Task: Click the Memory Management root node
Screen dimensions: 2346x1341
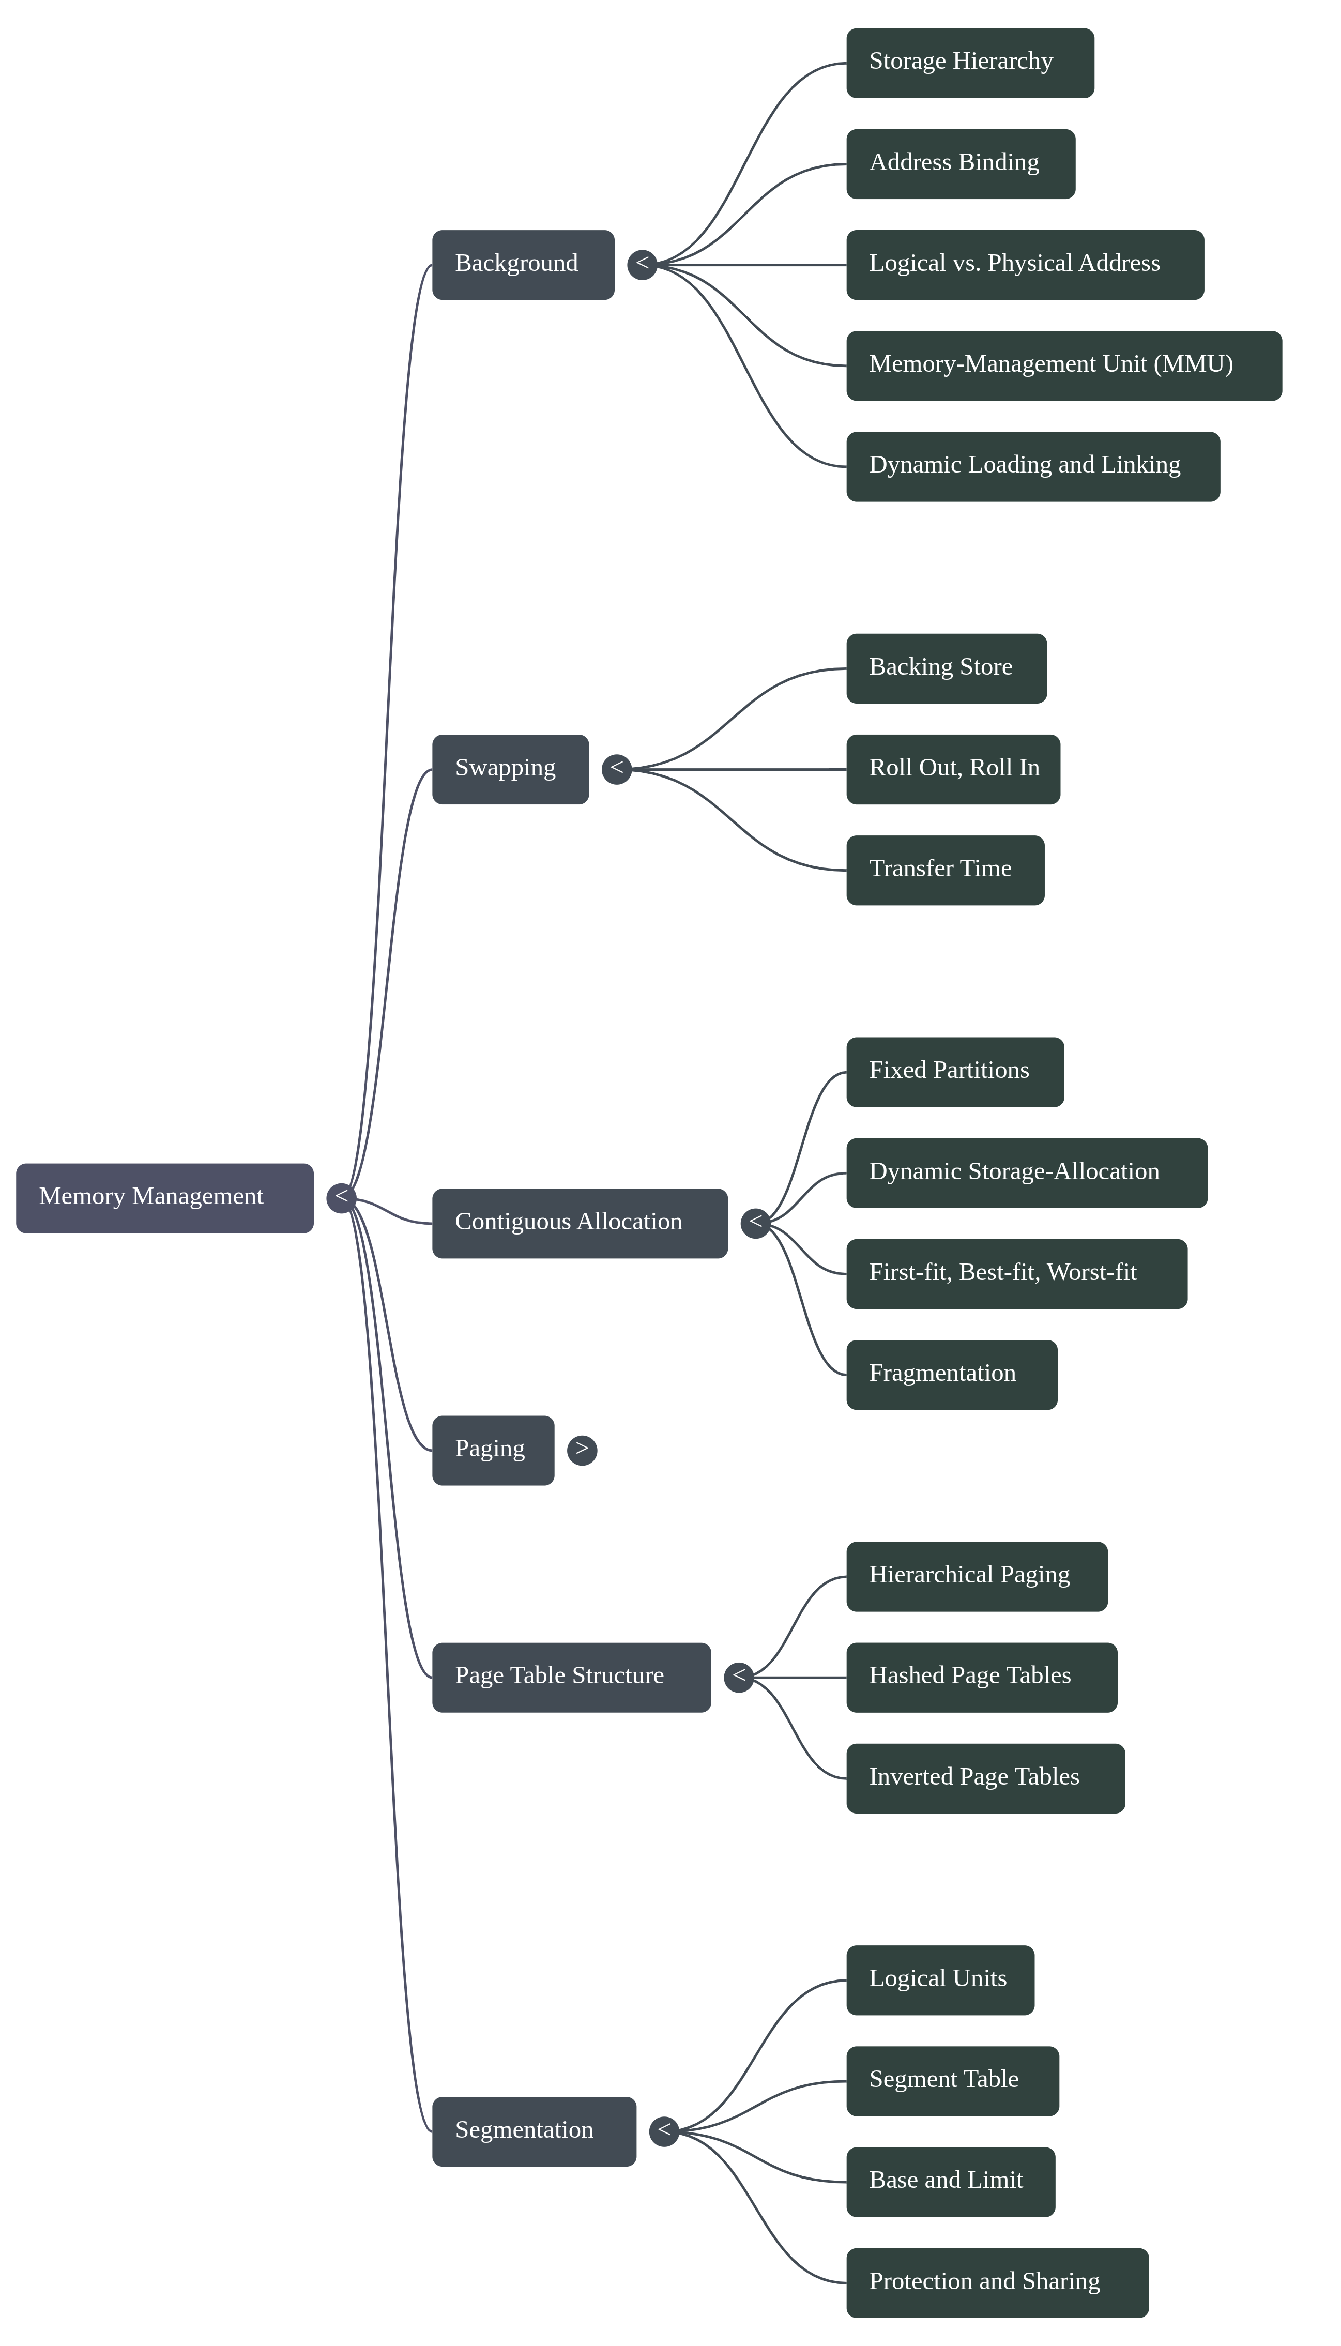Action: pos(164,1197)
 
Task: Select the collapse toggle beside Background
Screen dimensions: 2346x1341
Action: pos(642,264)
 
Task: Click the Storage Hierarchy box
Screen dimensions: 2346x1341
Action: pos(970,63)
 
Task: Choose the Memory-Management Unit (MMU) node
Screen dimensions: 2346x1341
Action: pos(1064,365)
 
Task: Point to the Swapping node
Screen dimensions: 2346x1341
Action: pos(510,769)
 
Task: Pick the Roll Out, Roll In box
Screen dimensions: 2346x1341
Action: pos(953,769)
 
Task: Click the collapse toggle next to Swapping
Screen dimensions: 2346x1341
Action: pos(616,769)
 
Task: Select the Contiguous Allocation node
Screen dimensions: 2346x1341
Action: pos(580,1223)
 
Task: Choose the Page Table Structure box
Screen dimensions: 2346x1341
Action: pos(571,1677)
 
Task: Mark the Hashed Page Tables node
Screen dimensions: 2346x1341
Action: pos(982,1677)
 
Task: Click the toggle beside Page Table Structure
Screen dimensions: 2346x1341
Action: pos(739,1677)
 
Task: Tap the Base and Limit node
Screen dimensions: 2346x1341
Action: pos(951,2181)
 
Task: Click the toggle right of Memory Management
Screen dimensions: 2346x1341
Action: pos(341,1197)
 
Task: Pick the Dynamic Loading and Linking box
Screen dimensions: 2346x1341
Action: pos(1032,466)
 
